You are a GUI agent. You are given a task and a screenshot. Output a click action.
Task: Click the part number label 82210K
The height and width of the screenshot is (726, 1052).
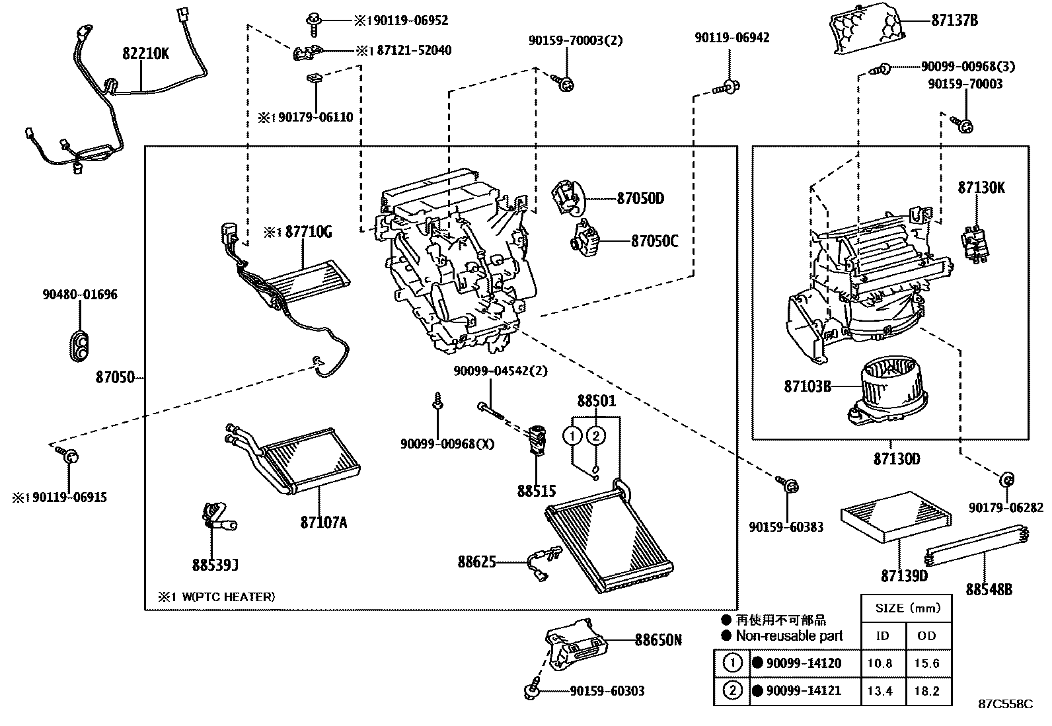(x=145, y=54)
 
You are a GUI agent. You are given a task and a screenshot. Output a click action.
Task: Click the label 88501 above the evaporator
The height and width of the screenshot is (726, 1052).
(x=596, y=401)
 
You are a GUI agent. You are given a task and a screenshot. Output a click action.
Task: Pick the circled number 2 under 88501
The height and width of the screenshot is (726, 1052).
(x=596, y=435)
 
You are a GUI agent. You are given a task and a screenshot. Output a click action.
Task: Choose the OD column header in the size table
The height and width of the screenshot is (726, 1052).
(x=927, y=635)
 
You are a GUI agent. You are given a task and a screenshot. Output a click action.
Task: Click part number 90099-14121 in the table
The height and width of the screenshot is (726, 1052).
(x=804, y=691)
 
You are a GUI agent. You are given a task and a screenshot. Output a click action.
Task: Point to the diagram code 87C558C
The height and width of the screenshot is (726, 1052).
(x=1005, y=704)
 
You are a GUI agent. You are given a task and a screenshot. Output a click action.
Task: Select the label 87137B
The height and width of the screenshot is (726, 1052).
(x=954, y=20)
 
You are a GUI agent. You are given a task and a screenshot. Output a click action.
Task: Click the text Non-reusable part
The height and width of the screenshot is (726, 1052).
(x=789, y=636)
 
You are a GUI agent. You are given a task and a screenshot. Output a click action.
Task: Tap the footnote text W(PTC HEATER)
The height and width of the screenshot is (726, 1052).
(x=228, y=597)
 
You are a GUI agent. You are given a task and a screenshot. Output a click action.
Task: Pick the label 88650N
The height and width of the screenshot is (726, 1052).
(x=658, y=639)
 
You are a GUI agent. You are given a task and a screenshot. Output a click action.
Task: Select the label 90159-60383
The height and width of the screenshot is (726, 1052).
(x=786, y=526)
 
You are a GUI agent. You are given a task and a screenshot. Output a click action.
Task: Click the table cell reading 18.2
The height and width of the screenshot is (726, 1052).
(x=927, y=691)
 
